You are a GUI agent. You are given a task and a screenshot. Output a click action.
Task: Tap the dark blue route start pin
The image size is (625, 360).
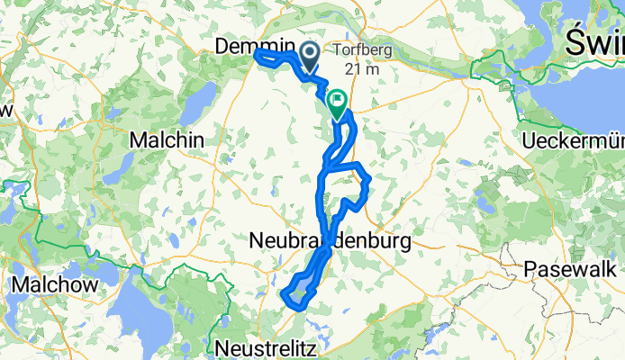tap(309, 57)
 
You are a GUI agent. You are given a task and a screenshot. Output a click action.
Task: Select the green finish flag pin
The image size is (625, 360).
tap(339, 103)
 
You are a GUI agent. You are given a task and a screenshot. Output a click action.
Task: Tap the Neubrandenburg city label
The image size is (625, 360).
tap(329, 241)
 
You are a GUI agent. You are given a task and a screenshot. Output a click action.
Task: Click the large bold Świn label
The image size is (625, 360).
tap(593, 40)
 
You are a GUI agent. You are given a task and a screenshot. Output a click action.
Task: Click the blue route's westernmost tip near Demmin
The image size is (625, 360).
tap(257, 56)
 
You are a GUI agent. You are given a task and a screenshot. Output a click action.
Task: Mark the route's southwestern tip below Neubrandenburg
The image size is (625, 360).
tap(285, 295)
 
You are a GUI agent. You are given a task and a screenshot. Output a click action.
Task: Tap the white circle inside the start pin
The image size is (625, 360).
tap(309, 52)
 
